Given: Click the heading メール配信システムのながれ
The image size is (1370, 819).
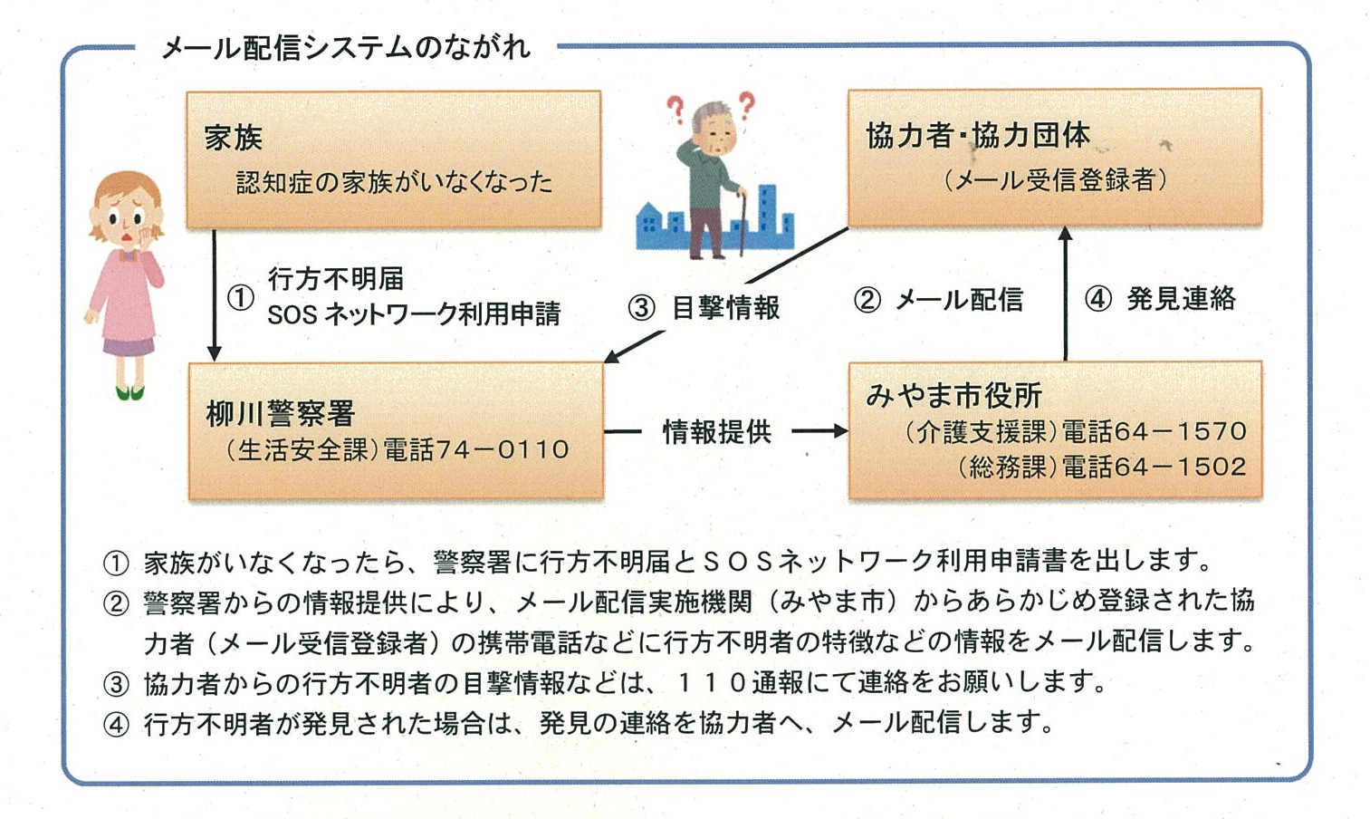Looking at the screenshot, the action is (346, 48).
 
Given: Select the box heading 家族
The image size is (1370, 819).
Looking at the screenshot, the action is (233, 137).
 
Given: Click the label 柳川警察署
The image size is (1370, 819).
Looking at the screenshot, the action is (280, 414).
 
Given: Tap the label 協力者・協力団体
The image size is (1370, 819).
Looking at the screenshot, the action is (978, 135).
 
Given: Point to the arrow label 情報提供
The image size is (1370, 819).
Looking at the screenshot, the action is (717, 431).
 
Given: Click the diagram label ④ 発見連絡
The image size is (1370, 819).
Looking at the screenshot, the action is (1160, 299).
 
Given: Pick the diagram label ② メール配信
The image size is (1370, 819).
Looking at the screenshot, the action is (938, 300).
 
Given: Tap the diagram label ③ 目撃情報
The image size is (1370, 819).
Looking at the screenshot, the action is (704, 307).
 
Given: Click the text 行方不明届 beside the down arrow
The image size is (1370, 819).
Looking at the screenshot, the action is (336, 279).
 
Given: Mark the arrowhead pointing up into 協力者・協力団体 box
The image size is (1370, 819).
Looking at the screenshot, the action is (1066, 234).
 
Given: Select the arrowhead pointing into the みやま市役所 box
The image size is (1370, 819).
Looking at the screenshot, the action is (841, 431).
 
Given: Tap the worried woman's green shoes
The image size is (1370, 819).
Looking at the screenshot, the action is (130, 392).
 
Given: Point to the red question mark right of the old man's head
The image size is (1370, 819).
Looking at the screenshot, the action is (747, 106).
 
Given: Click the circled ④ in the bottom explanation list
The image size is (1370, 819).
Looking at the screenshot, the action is (116, 726).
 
